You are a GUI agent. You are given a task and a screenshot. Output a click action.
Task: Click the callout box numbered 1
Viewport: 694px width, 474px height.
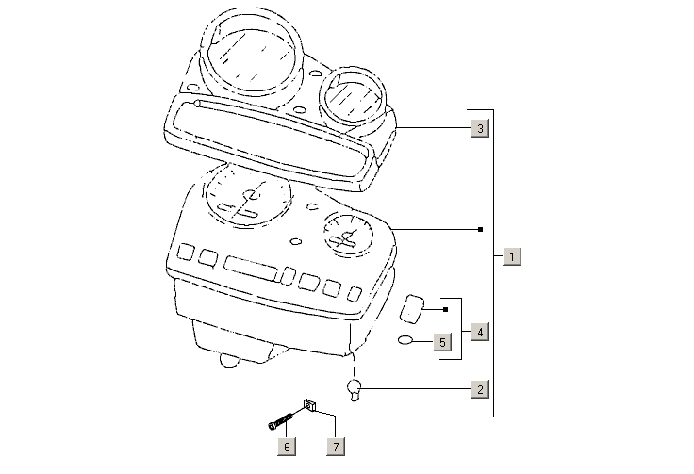[x=512, y=256]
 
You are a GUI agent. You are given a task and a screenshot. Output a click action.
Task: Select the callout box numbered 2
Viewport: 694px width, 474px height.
[x=480, y=389]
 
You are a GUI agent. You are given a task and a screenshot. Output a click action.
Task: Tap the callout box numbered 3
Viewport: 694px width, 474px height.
[x=480, y=128]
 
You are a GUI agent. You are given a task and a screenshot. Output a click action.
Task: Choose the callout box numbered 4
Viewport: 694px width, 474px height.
[x=480, y=332]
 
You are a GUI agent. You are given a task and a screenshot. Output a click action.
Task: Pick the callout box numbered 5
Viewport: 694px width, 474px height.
[x=442, y=342]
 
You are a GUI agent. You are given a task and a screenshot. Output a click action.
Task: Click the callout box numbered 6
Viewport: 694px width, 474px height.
[x=287, y=447]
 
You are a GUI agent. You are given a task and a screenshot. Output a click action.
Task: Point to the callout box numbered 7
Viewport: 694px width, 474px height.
[x=336, y=447]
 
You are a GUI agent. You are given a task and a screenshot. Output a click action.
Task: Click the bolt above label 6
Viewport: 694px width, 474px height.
[x=281, y=420]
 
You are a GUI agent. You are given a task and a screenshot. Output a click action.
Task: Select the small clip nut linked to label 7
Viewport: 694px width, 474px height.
[x=309, y=405]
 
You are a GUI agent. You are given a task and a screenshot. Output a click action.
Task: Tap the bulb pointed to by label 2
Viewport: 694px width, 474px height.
[x=355, y=389]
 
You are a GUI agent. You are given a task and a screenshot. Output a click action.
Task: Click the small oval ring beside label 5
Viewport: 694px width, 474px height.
[x=405, y=340]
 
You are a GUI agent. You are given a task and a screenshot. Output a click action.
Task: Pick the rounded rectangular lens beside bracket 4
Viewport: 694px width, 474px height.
[x=412, y=309]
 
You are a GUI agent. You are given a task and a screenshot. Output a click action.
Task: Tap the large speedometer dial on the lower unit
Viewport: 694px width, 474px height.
[x=249, y=197]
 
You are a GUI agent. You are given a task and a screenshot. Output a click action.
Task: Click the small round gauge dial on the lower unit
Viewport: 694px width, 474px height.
[x=348, y=236]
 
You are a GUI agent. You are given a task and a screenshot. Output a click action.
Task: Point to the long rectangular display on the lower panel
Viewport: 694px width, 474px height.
[x=252, y=268]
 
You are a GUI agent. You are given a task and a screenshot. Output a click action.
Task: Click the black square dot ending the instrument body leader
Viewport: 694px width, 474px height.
[x=481, y=230]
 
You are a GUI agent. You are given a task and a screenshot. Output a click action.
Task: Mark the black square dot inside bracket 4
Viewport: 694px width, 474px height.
[x=446, y=309]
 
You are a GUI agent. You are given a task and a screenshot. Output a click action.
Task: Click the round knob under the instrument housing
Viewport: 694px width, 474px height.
[x=230, y=360]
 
